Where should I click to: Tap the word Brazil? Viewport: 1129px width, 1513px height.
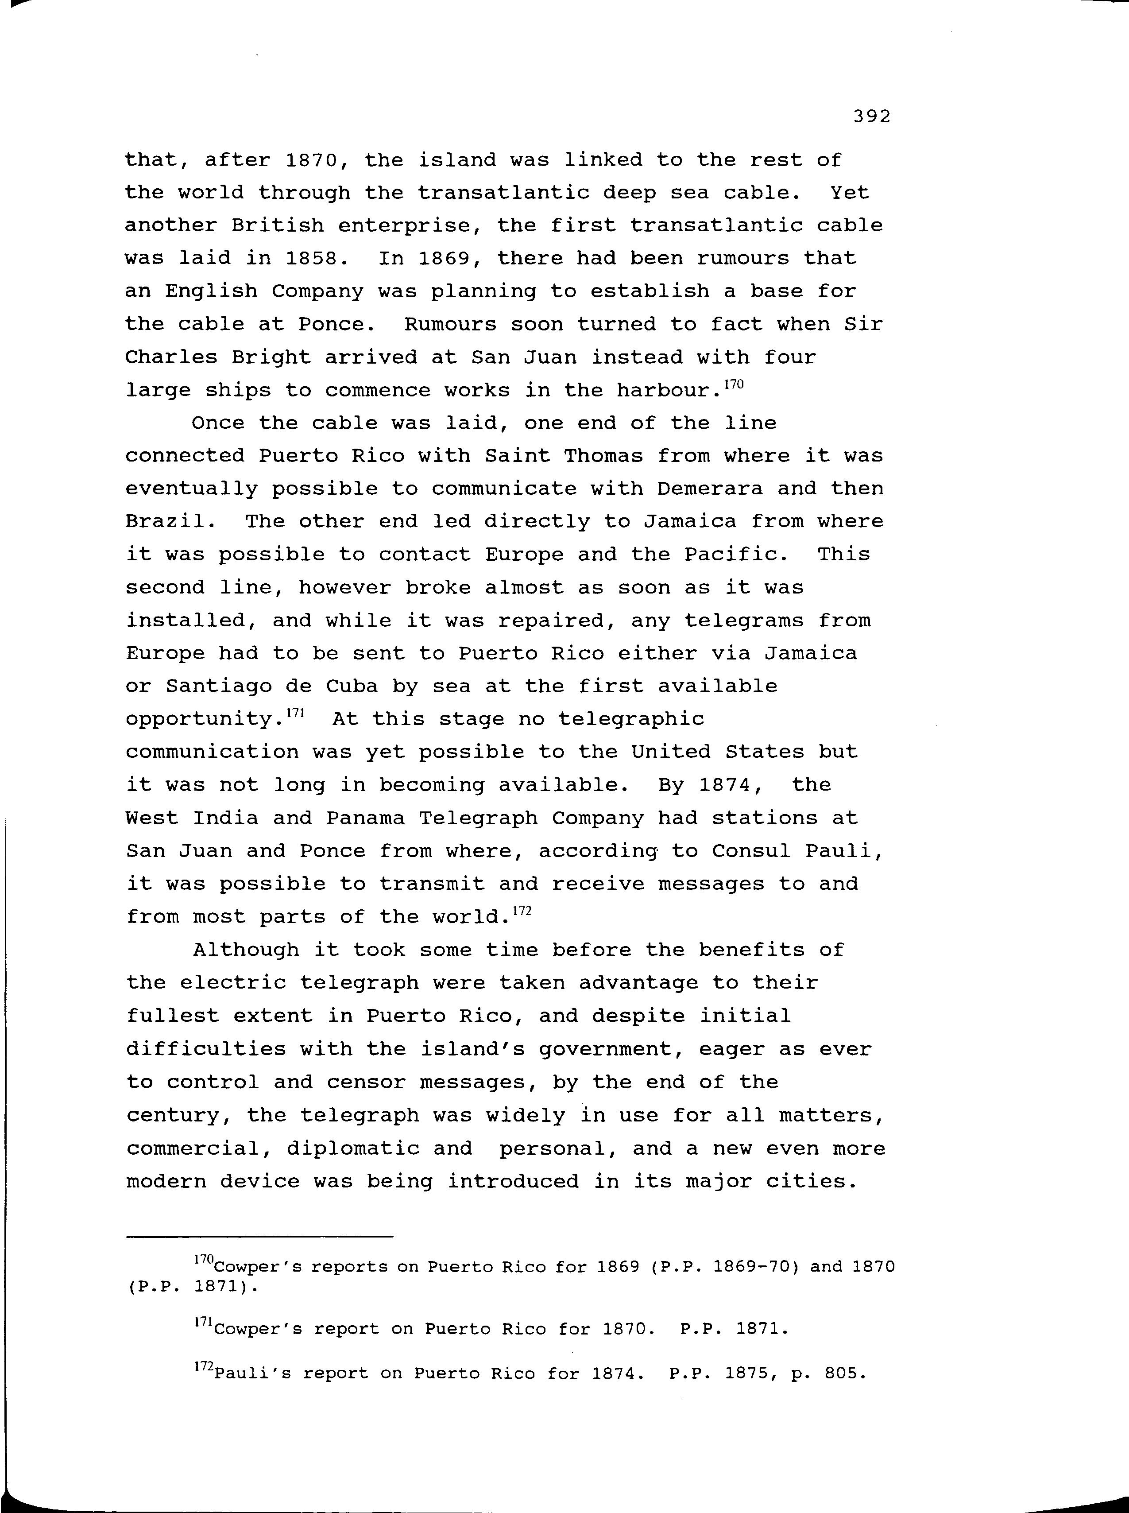pyautogui.click(x=165, y=522)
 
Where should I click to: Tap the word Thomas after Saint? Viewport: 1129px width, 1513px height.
pyautogui.click(x=603, y=456)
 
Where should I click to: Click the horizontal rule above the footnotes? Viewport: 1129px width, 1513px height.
pyautogui.click(x=260, y=1237)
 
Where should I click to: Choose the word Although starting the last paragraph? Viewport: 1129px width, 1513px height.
pyautogui.click(x=246, y=950)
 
